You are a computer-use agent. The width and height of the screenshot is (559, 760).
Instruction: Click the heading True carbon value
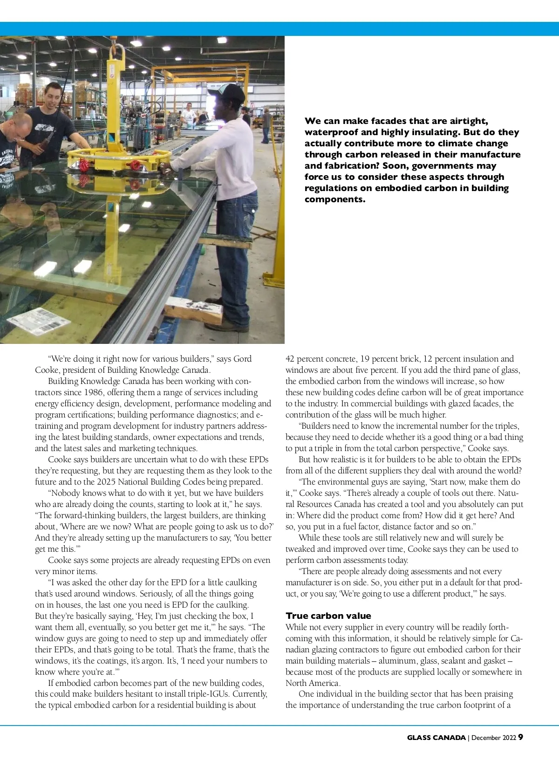point(328,616)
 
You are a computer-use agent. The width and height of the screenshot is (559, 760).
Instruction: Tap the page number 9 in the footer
point(520,737)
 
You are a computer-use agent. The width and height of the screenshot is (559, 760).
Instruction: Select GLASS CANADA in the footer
point(436,737)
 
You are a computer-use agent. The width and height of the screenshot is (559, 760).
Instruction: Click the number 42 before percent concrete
point(290,359)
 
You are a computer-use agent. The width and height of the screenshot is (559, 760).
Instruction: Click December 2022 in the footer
point(494,737)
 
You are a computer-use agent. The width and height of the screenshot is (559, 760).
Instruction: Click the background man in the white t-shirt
point(188,116)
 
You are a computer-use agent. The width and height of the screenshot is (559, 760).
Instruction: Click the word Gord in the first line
point(242,359)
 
